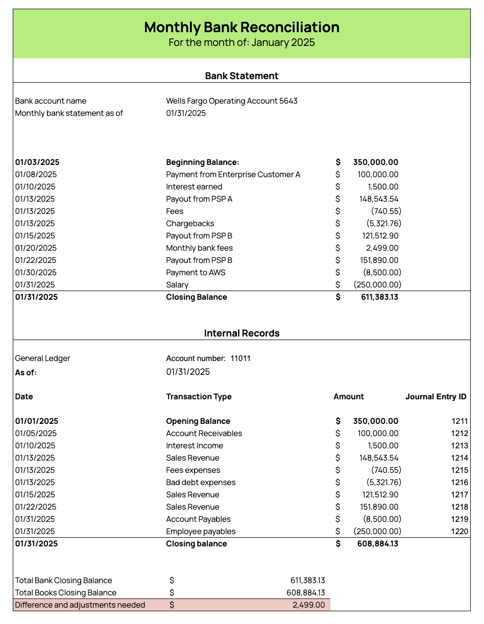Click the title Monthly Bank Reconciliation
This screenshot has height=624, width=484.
[241, 27]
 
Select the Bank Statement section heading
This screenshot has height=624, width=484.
[241, 76]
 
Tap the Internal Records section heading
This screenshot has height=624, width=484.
[241, 333]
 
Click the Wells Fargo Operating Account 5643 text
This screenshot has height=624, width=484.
[232, 101]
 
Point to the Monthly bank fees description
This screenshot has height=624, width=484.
[199, 248]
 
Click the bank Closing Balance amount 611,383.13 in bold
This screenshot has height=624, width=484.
[375, 297]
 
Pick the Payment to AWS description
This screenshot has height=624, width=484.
[196, 273]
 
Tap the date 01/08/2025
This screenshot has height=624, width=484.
[35, 175]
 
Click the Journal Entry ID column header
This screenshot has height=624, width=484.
[435, 397]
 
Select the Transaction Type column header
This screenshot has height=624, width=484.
[199, 397]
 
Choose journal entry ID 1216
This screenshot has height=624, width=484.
[459, 483]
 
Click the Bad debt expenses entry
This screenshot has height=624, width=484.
[201, 483]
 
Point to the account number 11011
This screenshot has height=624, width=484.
[240, 358]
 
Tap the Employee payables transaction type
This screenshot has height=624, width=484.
[201, 532]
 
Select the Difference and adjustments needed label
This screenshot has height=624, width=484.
[80, 605]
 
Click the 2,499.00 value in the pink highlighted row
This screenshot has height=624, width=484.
[308, 605]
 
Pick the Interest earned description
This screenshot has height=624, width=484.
[194, 187]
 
